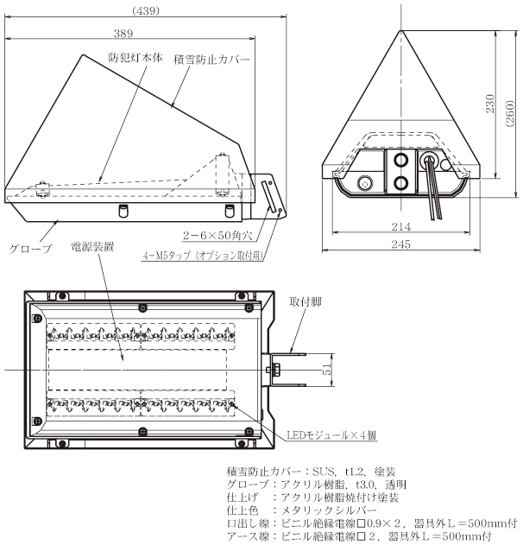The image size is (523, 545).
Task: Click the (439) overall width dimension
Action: point(146,11)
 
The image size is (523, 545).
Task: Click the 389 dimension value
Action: point(123,34)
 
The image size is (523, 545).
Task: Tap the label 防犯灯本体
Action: point(135,58)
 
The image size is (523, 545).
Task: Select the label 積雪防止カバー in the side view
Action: point(211,60)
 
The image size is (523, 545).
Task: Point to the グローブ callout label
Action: point(30,249)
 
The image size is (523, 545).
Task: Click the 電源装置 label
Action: point(92,247)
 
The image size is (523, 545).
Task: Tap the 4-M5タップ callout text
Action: point(204,256)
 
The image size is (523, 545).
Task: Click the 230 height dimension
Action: point(489,104)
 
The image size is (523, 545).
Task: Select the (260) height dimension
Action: point(509,113)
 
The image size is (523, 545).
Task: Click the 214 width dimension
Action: point(401,226)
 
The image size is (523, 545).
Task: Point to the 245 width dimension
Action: point(401,244)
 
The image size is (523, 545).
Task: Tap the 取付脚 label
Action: point(306,301)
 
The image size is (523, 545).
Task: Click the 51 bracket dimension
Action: point(327,370)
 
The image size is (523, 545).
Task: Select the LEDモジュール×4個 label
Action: point(331,434)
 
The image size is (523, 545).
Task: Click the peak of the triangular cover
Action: point(401,30)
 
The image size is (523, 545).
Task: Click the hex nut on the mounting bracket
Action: point(278,370)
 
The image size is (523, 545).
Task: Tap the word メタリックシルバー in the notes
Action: point(329,510)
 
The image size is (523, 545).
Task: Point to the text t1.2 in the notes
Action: point(355,472)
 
